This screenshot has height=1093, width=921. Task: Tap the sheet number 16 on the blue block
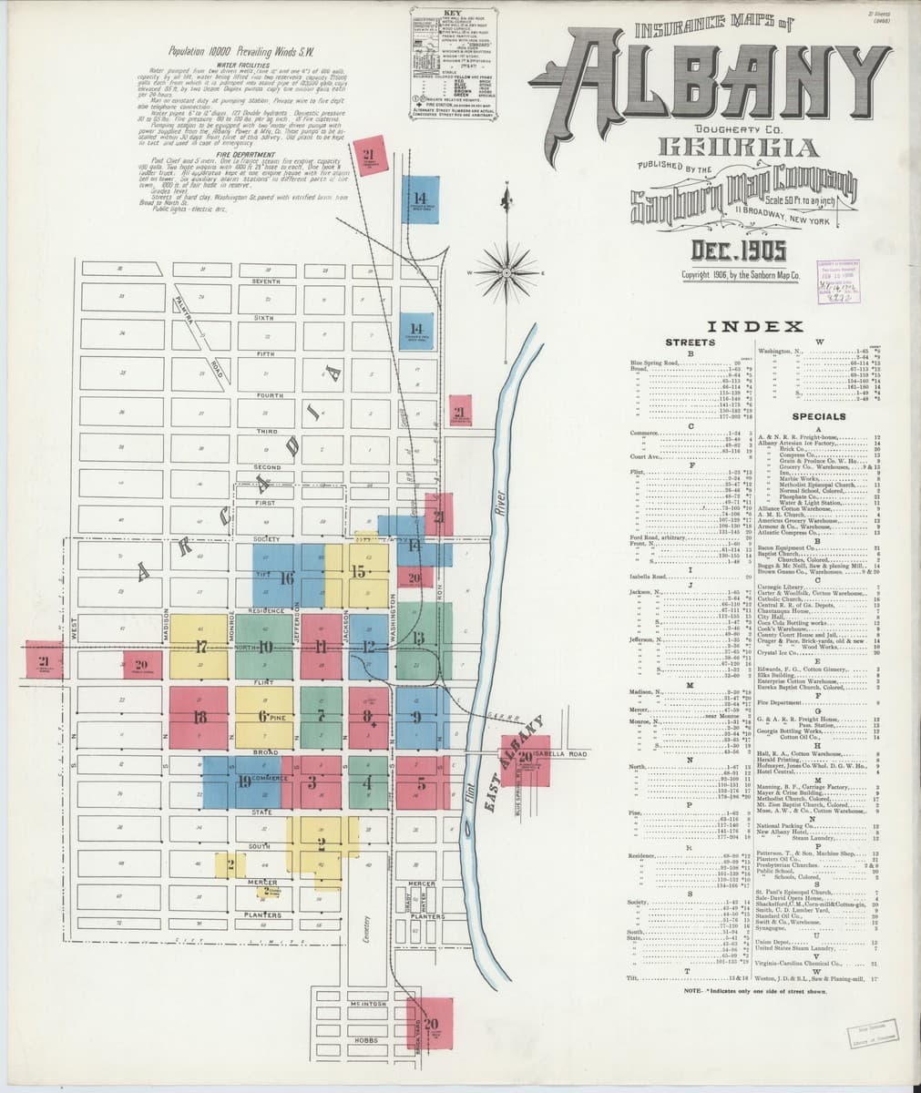click(x=286, y=577)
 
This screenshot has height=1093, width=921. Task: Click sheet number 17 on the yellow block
click(x=200, y=648)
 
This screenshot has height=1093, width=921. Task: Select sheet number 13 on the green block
click(x=418, y=637)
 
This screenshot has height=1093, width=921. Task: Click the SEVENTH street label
click(x=266, y=281)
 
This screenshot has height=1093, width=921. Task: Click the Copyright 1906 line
click(x=741, y=273)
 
